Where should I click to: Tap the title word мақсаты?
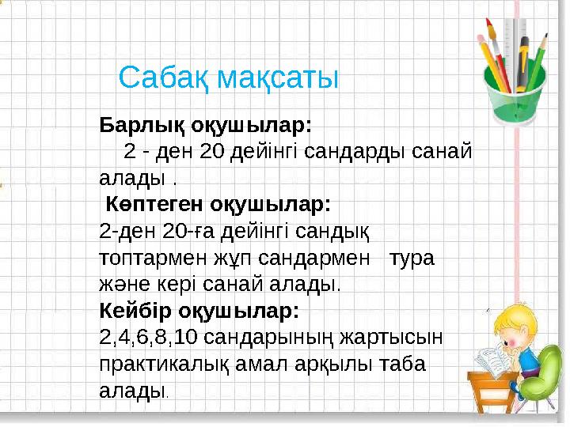tap(278, 78)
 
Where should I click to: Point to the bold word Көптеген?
tap(155, 204)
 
